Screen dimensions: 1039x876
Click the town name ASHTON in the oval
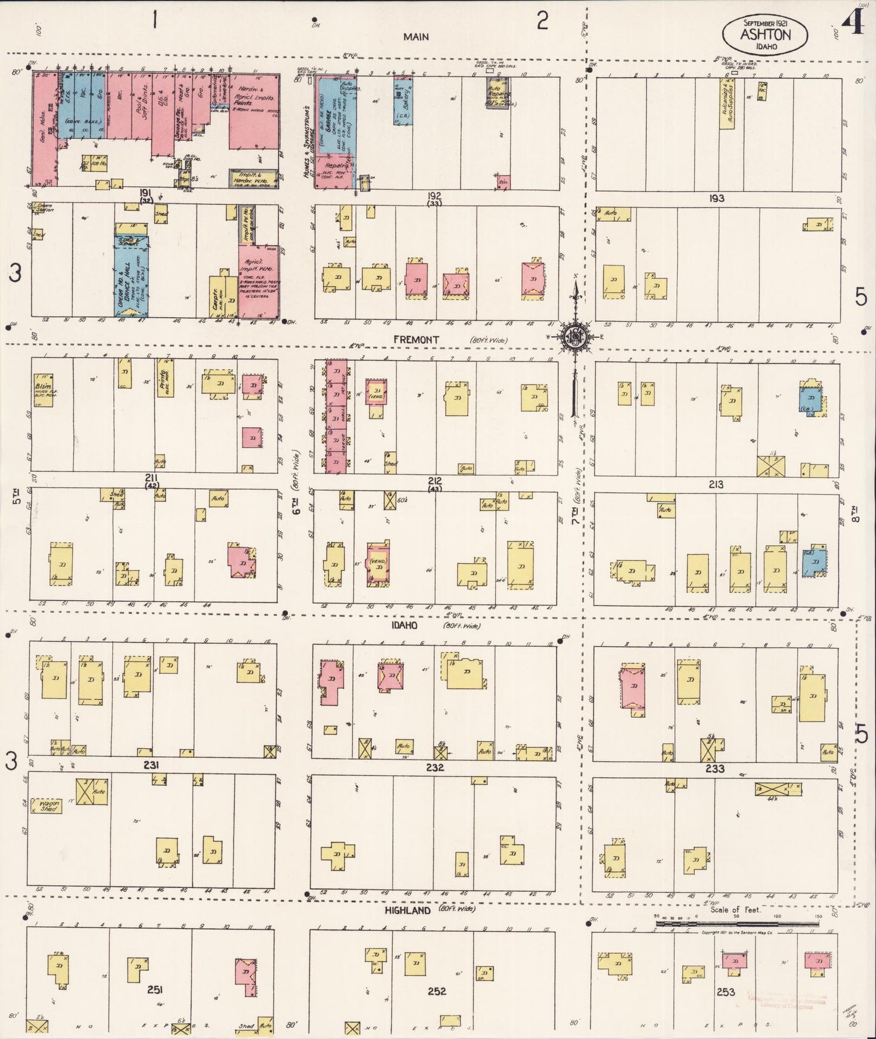pos(765,34)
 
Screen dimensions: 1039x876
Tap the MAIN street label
pos(416,37)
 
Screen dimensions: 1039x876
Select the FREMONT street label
pos(416,340)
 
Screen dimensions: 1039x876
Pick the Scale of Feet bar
pos(737,924)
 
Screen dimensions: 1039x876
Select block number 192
pos(434,196)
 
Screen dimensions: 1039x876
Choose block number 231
pos(151,765)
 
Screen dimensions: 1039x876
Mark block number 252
pos(436,991)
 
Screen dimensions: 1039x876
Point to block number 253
pos(725,992)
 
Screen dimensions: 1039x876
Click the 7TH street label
pos(575,516)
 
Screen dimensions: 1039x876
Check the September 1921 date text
pos(764,22)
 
